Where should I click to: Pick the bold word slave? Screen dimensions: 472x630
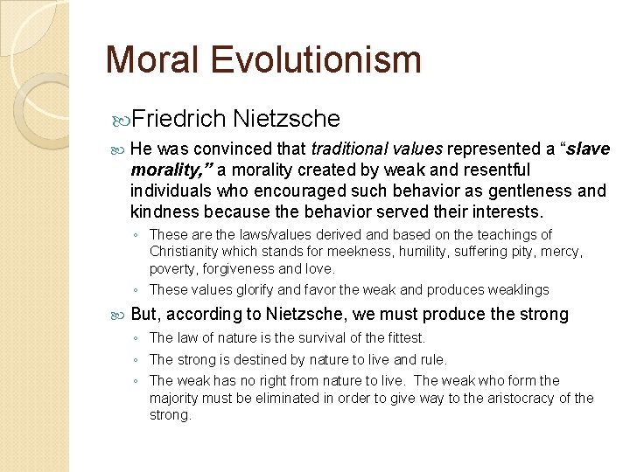point(589,149)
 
